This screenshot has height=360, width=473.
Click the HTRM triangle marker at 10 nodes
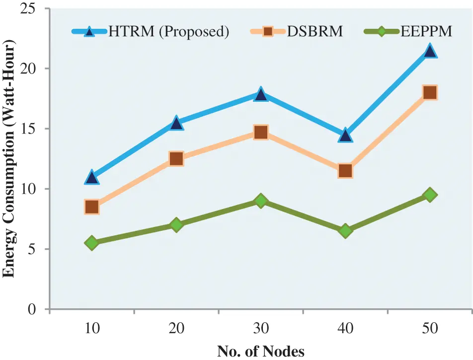coord(91,177)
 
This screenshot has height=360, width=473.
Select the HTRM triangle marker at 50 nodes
coord(430,51)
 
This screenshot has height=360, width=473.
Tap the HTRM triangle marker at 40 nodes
coord(345,135)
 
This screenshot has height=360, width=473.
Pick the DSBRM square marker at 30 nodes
coord(261,132)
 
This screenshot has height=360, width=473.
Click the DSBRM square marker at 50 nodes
coord(430,92)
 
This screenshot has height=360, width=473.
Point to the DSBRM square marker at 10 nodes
coord(91,207)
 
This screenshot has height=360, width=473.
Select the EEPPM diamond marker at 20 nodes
coord(176,225)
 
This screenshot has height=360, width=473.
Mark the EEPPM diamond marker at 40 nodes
coord(345,231)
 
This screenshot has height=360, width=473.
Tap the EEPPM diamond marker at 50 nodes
coord(430,195)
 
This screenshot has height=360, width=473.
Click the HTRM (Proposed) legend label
coord(168,32)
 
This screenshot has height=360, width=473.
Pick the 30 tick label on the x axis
coord(261,329)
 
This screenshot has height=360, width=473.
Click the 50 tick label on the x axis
coord(430,329)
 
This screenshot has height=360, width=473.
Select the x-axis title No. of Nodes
coord(261,351)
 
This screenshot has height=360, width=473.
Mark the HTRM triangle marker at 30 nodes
coord(261,94)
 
